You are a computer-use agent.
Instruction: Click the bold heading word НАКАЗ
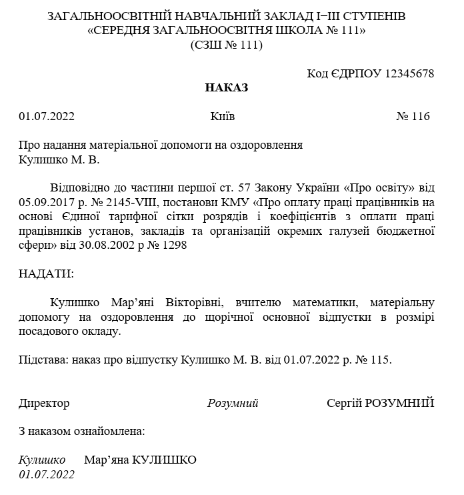pyautogui.click(x=226, y=87)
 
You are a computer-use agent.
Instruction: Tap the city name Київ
pyautogui.click(x=222, y=116)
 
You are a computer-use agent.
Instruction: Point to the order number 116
pyautogui.click(x=421, y=116)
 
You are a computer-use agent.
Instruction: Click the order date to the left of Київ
pyautogui.click(x=47, y=116)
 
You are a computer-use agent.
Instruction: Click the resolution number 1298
pyautogui.click(x=175, y=245)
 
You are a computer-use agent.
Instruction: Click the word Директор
pyautogui.click(x=44, y=403)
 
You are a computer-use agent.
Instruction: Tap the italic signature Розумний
pyautogui.click(x=233, y=403)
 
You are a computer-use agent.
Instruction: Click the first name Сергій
pyautogui.click(x=344, y=403)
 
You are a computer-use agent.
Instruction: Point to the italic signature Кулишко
pyautogui.click(x=42, y=460)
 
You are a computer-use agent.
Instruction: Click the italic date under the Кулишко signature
pyautogui.click(x=47, y=474)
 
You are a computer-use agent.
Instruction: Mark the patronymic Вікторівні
pyautogui.click(x=193, y=302)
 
